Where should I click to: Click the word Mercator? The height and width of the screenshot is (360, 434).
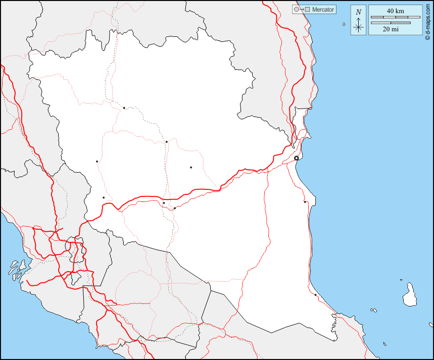[x=323, y=10]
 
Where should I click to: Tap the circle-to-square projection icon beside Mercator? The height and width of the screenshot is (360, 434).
[x=301, y=10]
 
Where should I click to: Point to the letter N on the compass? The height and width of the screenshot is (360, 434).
[x=358, y=12]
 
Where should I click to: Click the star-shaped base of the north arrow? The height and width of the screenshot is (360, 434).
[x=358, y=27]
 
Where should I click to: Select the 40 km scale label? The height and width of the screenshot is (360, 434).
[x=395, y=11]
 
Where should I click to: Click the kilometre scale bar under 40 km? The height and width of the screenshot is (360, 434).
[x=395, y=17]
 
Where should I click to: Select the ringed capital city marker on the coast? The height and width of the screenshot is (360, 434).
[x=297, y=158]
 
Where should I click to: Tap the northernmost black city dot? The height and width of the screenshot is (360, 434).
[x=124, y=108]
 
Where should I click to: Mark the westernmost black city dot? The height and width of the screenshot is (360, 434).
[x=97, y=162]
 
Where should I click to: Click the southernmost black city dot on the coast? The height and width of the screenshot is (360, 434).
[x=315, y=295]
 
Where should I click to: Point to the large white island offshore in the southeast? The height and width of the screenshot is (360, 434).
[x=409, y=295]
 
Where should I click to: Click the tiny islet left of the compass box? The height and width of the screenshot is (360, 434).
[x=344, y=24]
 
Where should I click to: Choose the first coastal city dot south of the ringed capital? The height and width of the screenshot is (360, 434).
[x=305, y=202]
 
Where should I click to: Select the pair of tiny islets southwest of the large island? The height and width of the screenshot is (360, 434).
[x=373, y=310]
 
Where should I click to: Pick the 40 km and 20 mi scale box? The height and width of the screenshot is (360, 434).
[x=395, y=20]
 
